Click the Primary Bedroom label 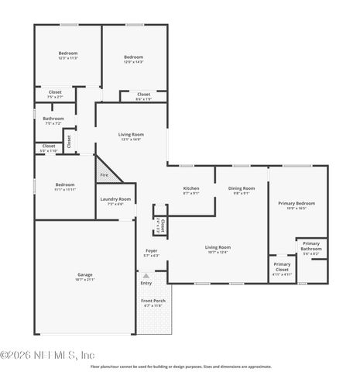(x=297, y=205)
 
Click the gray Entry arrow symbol (x=146, y=276)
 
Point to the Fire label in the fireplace (x=104, y=175)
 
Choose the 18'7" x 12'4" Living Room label (x=219, y=249)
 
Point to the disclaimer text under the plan (x=180, y=367)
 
